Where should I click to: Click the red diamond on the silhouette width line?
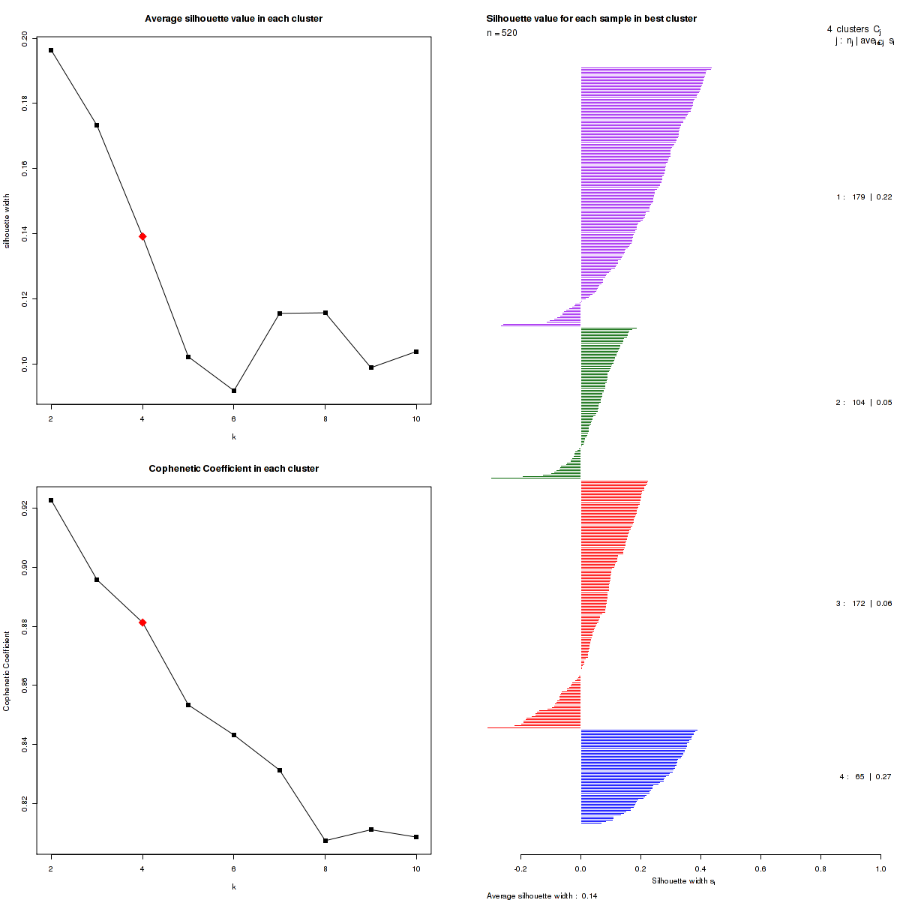coord(142,236)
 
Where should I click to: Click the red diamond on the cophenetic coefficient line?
coord(142,622)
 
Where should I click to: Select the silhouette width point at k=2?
coord(51,50)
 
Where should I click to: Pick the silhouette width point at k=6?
coord(234,391)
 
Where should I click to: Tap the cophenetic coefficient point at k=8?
coord(325,841)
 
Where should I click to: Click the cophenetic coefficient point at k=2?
coord(51,500)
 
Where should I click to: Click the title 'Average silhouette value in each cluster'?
coord(233,19)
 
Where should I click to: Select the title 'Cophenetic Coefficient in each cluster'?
coord(233,469)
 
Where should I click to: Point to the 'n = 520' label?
coord(502,33)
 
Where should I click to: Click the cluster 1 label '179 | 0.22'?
coord(864,197)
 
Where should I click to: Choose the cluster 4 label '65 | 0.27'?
coord(865,777)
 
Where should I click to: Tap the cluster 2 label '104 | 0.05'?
coord(864,403)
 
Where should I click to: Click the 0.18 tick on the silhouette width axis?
coord(25,102)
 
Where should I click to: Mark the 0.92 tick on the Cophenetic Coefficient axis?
coord(25,508)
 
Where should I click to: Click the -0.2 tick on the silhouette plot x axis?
coord(520,868)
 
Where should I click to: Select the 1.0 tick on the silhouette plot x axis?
coord(880,868)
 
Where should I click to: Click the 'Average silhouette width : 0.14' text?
coord(541,895)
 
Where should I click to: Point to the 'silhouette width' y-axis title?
coord(7,221)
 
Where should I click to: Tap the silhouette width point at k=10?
coord(416,352)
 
